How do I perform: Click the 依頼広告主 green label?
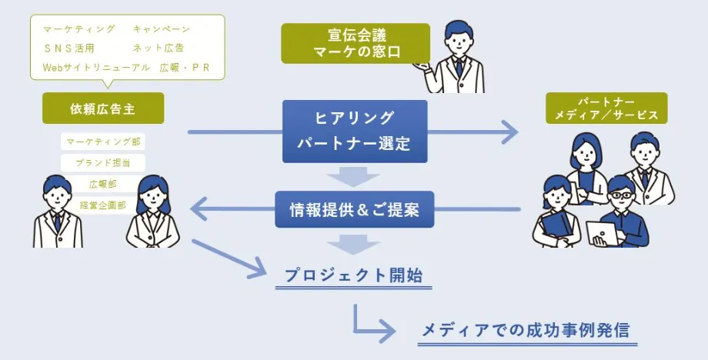point(103,108)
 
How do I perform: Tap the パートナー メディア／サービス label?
point(606,108)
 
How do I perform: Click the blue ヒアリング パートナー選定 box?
point(354,132)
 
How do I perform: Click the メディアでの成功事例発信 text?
point(525,331)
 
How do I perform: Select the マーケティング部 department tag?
point(102,142)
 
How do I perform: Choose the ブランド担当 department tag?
point(102,163)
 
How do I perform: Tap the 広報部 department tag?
point(102,185)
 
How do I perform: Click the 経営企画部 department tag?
point(102,205)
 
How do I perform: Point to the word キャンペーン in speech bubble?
point(161,29)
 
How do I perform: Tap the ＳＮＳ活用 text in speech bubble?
point(69,48)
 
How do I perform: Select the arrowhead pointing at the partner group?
point(511,132)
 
